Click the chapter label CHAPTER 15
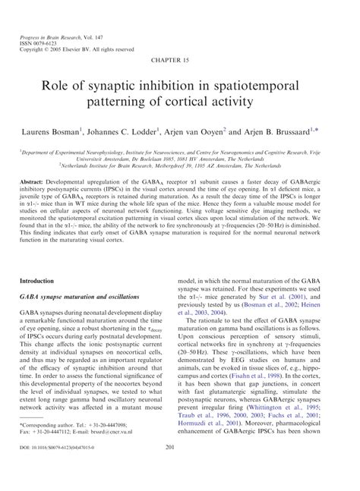[x=180, y=58]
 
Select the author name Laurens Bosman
[x=54, y=131]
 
